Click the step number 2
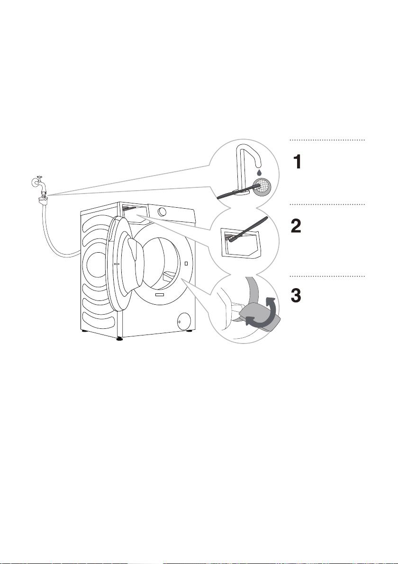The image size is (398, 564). coord(296,226)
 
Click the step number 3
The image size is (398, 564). coord(296,296)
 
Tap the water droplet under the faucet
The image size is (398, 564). coord(259,173)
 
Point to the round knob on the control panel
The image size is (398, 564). coord(163,211)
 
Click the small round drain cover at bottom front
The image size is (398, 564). coord(184,320)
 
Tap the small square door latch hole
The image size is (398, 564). coord(186,264)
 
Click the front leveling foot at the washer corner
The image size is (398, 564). coord(119,338)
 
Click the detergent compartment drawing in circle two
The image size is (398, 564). coord(241,242)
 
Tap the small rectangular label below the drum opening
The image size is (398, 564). coord(159,294)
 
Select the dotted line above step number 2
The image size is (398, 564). coord(327,204)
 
